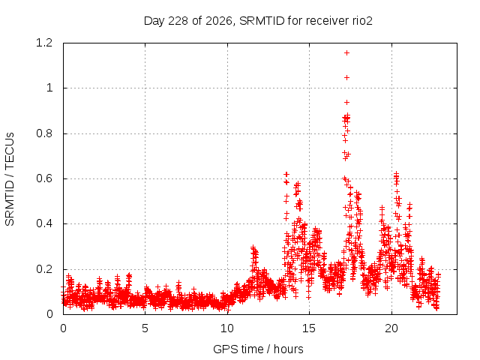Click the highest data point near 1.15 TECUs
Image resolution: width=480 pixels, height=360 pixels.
[346, 53]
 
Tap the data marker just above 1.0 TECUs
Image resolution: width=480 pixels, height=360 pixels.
[346, 78]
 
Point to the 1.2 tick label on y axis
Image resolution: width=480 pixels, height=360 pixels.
[44, 43]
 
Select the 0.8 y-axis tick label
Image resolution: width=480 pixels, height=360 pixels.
[44, 133]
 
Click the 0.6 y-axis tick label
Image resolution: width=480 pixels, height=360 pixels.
[44, 178]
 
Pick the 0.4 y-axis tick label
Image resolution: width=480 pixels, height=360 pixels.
[44, 223]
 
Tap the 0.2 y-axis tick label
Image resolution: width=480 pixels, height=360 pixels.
[44, 269]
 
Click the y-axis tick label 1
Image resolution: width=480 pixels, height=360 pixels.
[49, 88]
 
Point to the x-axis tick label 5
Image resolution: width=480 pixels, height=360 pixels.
[145, 328]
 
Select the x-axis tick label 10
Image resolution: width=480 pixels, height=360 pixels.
[227, 328]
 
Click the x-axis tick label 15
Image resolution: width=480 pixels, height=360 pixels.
[309, 328]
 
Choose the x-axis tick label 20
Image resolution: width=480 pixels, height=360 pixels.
[391, 328]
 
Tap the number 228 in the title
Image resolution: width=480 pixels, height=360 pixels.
[178, 21]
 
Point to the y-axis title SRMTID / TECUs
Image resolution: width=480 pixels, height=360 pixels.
[10, 179]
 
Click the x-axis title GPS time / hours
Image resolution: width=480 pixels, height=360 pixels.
[258, 349]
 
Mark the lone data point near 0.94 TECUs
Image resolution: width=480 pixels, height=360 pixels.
[346, 103]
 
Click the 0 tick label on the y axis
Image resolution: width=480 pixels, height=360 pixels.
[49, 314]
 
